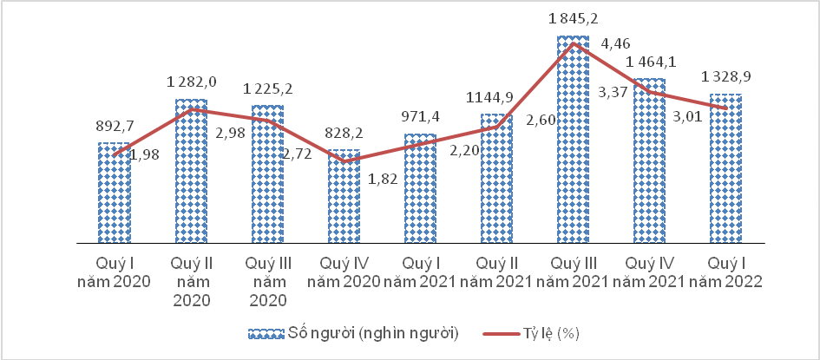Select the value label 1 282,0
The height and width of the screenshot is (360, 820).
[190, 82]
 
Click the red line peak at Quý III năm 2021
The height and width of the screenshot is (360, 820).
[573, 43]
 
